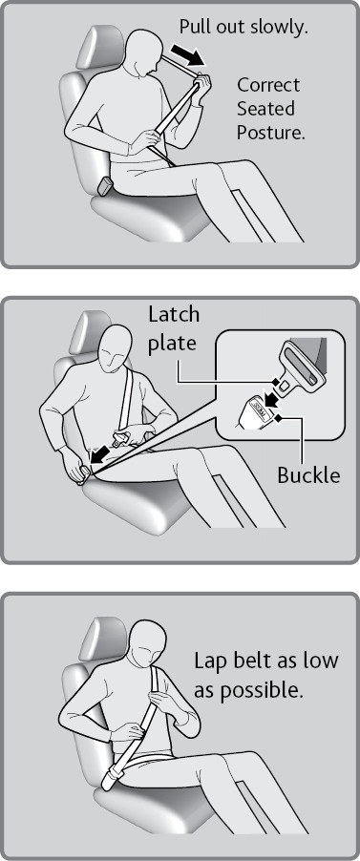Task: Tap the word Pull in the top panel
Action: (193, 28)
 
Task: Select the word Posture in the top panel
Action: (270, 132)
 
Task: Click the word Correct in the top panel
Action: (268, 85)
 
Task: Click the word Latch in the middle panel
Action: (173, 315)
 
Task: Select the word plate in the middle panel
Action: (172, 343)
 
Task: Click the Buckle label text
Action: (308, 474)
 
